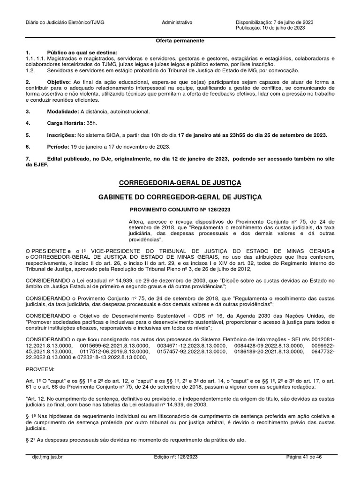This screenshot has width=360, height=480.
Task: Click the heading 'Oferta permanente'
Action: pos(180,41)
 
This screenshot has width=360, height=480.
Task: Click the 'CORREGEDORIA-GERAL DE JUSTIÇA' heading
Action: pos(180,182)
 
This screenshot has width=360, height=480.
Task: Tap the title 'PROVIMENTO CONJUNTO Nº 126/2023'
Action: pos(180,210)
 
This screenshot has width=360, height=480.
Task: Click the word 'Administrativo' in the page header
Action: pos(177,22)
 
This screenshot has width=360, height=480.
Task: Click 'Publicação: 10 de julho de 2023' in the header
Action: pos(270,28)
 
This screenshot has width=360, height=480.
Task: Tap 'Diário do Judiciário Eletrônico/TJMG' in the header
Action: pos(65,22)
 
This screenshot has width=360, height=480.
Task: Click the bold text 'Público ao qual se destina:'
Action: pos(82,52)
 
